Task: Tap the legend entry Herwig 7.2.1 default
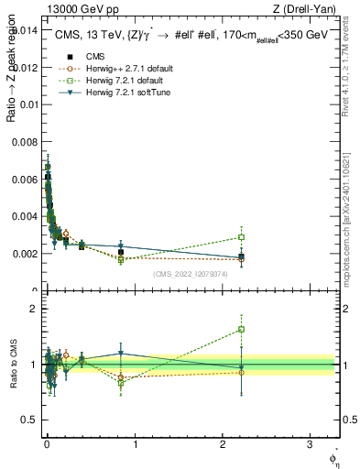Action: [x=112, y=80]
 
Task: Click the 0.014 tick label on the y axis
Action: [x=24, y=29]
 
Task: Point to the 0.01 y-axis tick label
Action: [x=27, y=104]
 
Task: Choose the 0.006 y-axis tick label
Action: [x=24, y=179]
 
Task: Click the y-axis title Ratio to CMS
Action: [x=13, y=365]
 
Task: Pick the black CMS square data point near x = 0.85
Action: [x=121, y=252]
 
